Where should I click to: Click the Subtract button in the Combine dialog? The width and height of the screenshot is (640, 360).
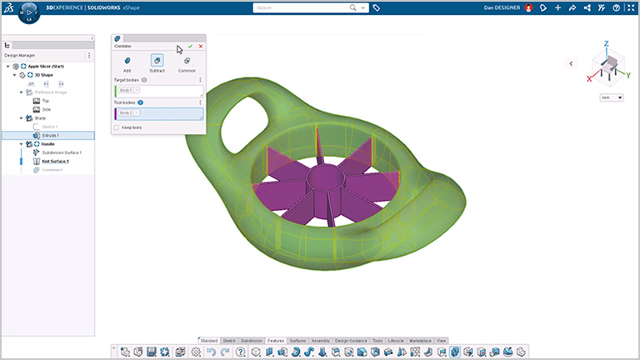(157, 62)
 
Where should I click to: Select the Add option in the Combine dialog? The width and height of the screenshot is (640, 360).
(127, 62)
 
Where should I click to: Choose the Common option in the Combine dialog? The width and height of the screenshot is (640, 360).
(187, 62)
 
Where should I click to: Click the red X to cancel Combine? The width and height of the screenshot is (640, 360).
(200, 47)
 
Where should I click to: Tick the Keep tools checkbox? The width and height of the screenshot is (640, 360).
(117, 127)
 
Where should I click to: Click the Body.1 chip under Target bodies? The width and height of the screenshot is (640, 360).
(126, 89)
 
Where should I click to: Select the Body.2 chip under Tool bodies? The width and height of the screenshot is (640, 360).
(126, 112)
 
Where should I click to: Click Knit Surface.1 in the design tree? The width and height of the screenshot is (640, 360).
(55, 161)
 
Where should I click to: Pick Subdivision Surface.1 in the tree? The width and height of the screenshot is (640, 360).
(62, 152)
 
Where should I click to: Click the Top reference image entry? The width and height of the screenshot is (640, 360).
(46, 100)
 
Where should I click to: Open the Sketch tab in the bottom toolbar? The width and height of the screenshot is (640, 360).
(229, 341)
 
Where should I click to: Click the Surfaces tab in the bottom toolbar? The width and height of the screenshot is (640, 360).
(297, 341)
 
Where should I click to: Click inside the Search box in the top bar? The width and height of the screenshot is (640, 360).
(308, 7)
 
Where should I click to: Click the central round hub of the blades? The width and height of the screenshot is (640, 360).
(322, 182)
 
